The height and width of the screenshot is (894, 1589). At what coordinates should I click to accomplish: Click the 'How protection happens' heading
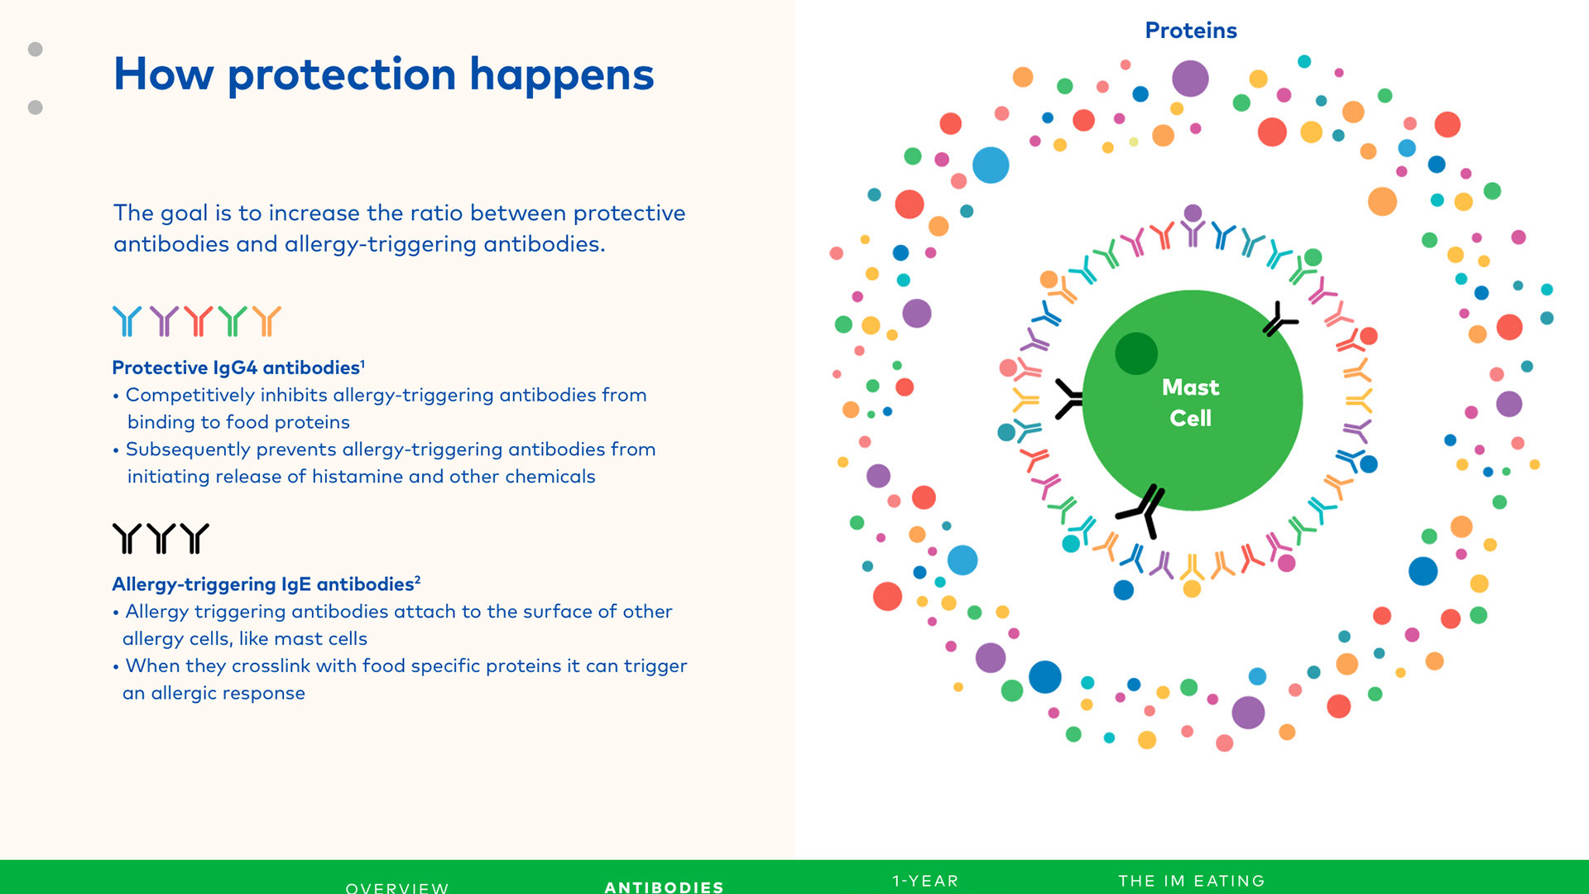(383, 74)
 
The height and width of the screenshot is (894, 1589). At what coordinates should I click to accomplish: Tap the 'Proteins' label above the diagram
(1191, 31)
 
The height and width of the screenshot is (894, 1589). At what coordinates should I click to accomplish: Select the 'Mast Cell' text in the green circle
(1191, 402)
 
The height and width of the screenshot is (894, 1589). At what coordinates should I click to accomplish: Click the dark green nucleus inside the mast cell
(1136, 353)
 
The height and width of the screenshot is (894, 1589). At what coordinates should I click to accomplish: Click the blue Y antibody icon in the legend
(127, 321)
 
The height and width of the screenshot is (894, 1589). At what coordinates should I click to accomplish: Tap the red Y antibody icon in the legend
(198, 321)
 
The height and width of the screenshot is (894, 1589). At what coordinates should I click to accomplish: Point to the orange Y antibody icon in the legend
(266, 321)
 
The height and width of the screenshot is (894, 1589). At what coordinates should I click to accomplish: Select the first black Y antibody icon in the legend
(127, 538)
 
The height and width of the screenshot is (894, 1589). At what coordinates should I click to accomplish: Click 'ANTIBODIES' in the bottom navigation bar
(664, 887)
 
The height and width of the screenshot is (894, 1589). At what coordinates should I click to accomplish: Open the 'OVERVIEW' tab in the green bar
(397, 887)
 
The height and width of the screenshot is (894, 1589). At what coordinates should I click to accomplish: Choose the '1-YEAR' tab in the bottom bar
(925, 881)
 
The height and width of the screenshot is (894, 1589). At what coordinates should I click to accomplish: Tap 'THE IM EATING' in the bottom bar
(1192, 881)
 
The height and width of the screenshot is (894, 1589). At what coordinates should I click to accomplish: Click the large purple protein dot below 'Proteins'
(1190, 79)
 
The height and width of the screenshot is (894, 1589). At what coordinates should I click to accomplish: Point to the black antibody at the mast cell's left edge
(1069, 399)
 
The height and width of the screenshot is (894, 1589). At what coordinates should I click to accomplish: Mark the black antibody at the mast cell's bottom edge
(1143, 510)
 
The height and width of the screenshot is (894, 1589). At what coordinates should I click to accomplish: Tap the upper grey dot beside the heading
(36, 50)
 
